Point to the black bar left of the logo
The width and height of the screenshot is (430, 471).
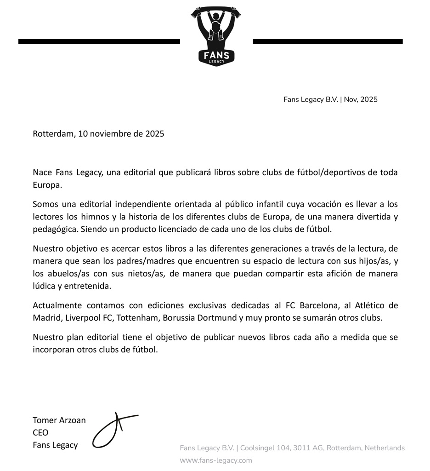[x=99, y=41]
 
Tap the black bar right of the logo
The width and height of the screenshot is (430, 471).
[x=328, y=41]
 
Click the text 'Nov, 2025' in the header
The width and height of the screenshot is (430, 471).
[x=361, y=99]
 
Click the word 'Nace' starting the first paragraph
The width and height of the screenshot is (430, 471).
[x=42, y=172]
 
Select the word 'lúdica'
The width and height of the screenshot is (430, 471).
[x=45, y=286]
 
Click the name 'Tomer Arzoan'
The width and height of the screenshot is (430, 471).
[x=59, y=420]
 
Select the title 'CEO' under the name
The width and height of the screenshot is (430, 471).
[x=40, y=432]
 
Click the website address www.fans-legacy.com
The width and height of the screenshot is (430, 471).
[x=216, y=460]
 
